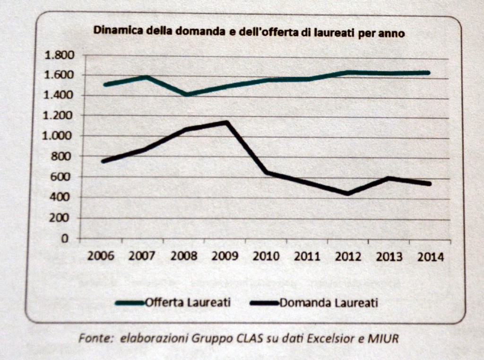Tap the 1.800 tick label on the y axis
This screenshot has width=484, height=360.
click(x=59, y=55)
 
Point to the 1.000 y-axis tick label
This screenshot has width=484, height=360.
click(x=59, y=136)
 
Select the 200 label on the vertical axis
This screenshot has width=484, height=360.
click(x=65, y=218)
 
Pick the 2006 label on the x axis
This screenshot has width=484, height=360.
click(x=101, y=257)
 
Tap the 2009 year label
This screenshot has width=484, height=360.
click(x=225, y=257)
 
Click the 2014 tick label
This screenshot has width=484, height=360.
click(x=431, y=257)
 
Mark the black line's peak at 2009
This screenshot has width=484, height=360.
click(x=227, y=123)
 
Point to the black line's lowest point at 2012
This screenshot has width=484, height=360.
click(x=348, y=193)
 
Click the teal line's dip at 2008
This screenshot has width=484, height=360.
click(x=187, y=95)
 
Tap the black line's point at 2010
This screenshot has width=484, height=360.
click(x=268, y=172)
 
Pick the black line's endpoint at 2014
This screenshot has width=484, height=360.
click(x=429, y=184)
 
